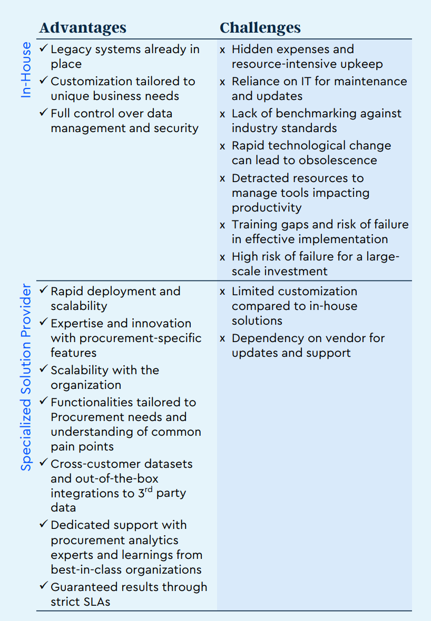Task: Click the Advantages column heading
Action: pos(83,27)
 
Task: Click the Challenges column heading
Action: pos(260,27)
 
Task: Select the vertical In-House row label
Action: pos(26,70)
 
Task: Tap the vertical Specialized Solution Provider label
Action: pos(26,377)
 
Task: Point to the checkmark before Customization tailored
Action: pos(43,81)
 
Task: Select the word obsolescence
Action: pos(338,160)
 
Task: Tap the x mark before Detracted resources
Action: pos(222,178)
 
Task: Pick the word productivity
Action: pos(267,207)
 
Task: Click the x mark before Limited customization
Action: pos(222,292)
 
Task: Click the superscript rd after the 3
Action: pos(149,490)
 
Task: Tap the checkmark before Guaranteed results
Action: pos(43,587)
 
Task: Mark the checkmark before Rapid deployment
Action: pos(43,291)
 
